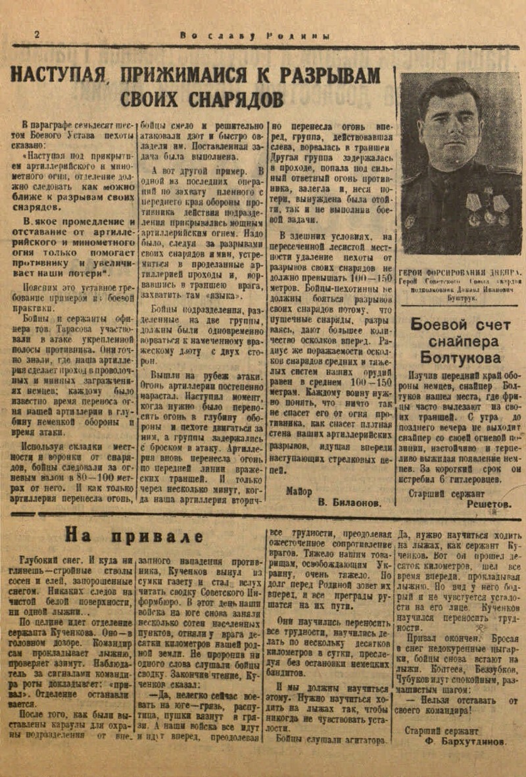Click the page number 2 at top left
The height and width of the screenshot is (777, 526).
pos(37,34)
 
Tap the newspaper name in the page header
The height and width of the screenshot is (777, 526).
pos(255,36)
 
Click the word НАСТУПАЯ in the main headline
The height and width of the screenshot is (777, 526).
pos(58,75)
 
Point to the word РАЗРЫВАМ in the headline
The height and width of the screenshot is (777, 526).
pos(330,75)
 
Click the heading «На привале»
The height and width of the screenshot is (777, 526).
pos(133,534)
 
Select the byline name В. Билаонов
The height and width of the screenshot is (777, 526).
pos(348,503)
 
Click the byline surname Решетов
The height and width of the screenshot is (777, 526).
pos(489,504)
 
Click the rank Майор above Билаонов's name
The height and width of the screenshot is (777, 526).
pos(299,491)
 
